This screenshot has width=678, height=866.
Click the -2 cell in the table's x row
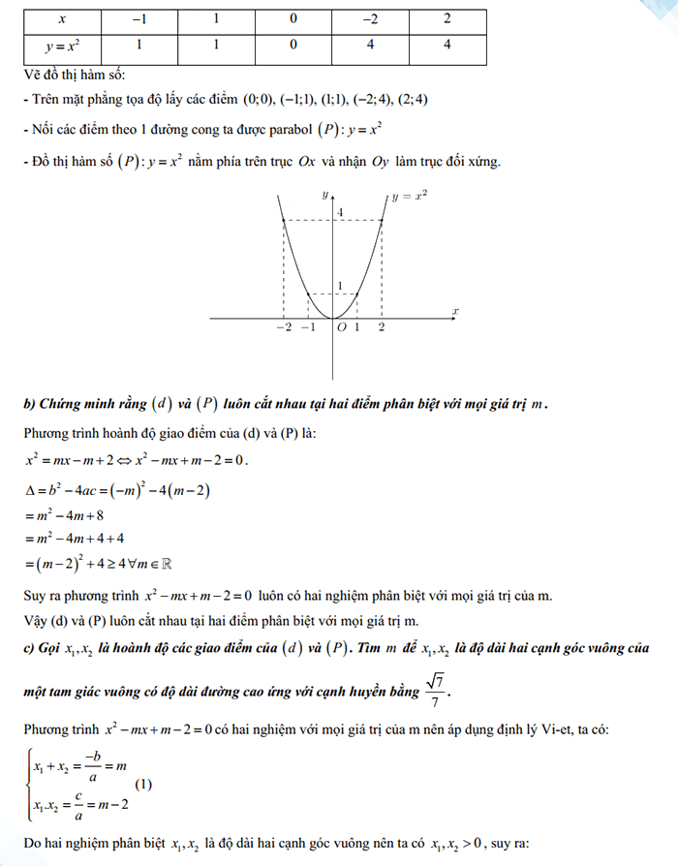[x=369, y=18]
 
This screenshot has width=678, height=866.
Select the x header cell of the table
[x=62, y=18]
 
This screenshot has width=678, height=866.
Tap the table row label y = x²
[x=62, y=45]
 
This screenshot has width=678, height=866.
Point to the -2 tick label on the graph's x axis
[x=283, y=328]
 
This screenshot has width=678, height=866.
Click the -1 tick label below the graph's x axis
[x=308, y=328]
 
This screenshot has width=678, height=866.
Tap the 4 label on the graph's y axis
[x=340, y=212]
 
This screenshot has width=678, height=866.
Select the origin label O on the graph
[x=341, y=328]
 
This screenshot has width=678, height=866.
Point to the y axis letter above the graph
[x=324, y=195]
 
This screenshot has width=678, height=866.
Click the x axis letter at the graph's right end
[x=455, y=310]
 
